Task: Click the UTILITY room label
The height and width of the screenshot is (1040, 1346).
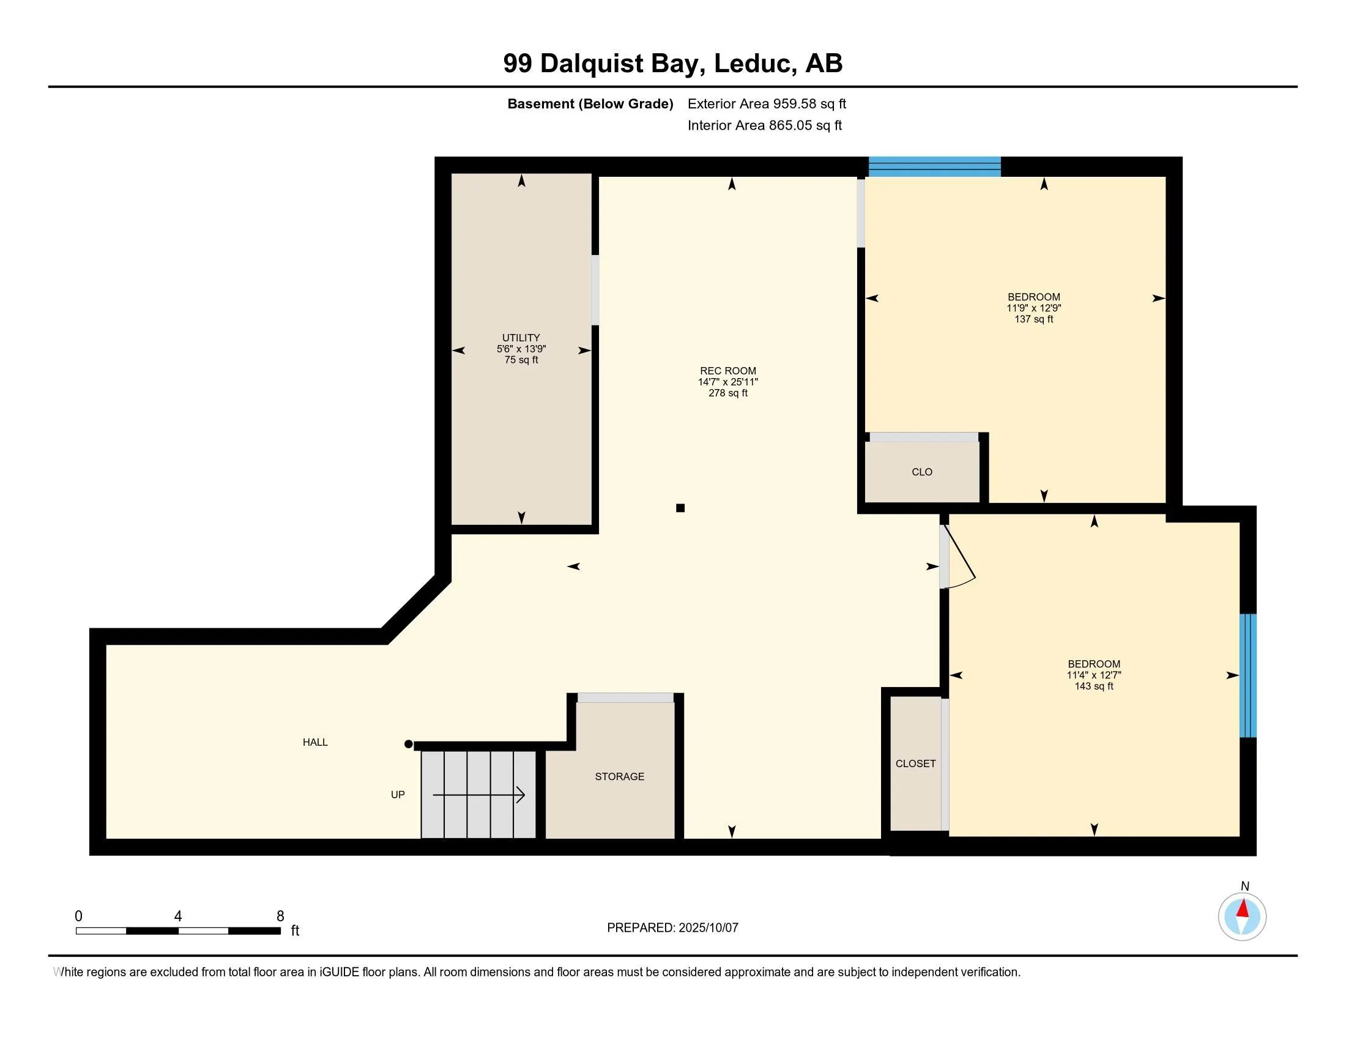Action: point(521,338)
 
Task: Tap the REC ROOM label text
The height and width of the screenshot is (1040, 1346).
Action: point(728,371)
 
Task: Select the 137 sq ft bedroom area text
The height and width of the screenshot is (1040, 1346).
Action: point(1033,319)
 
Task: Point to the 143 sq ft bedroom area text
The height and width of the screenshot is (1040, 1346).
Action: point(1094,686)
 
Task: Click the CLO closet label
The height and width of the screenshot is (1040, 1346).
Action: point(922,472)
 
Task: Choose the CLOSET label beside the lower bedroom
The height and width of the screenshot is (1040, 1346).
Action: point(915,763)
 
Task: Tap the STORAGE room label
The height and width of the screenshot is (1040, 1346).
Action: point(619,776)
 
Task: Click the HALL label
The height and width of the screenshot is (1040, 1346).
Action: point(315,743)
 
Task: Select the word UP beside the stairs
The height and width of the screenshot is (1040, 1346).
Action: point(398,795)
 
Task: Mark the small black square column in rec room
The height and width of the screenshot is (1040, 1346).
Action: point(680,508)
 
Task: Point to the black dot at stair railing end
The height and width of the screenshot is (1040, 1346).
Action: point(408,745)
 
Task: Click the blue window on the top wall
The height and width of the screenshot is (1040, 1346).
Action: point(934,167)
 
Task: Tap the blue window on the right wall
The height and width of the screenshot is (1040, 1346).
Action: point(1247,675)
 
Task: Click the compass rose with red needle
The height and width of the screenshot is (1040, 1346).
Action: point(1242,916)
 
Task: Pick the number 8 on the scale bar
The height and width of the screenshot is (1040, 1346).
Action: point(280,916)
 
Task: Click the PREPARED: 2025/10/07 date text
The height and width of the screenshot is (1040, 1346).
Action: point(672,927)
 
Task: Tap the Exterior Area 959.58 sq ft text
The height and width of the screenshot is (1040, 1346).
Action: point(767,103)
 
